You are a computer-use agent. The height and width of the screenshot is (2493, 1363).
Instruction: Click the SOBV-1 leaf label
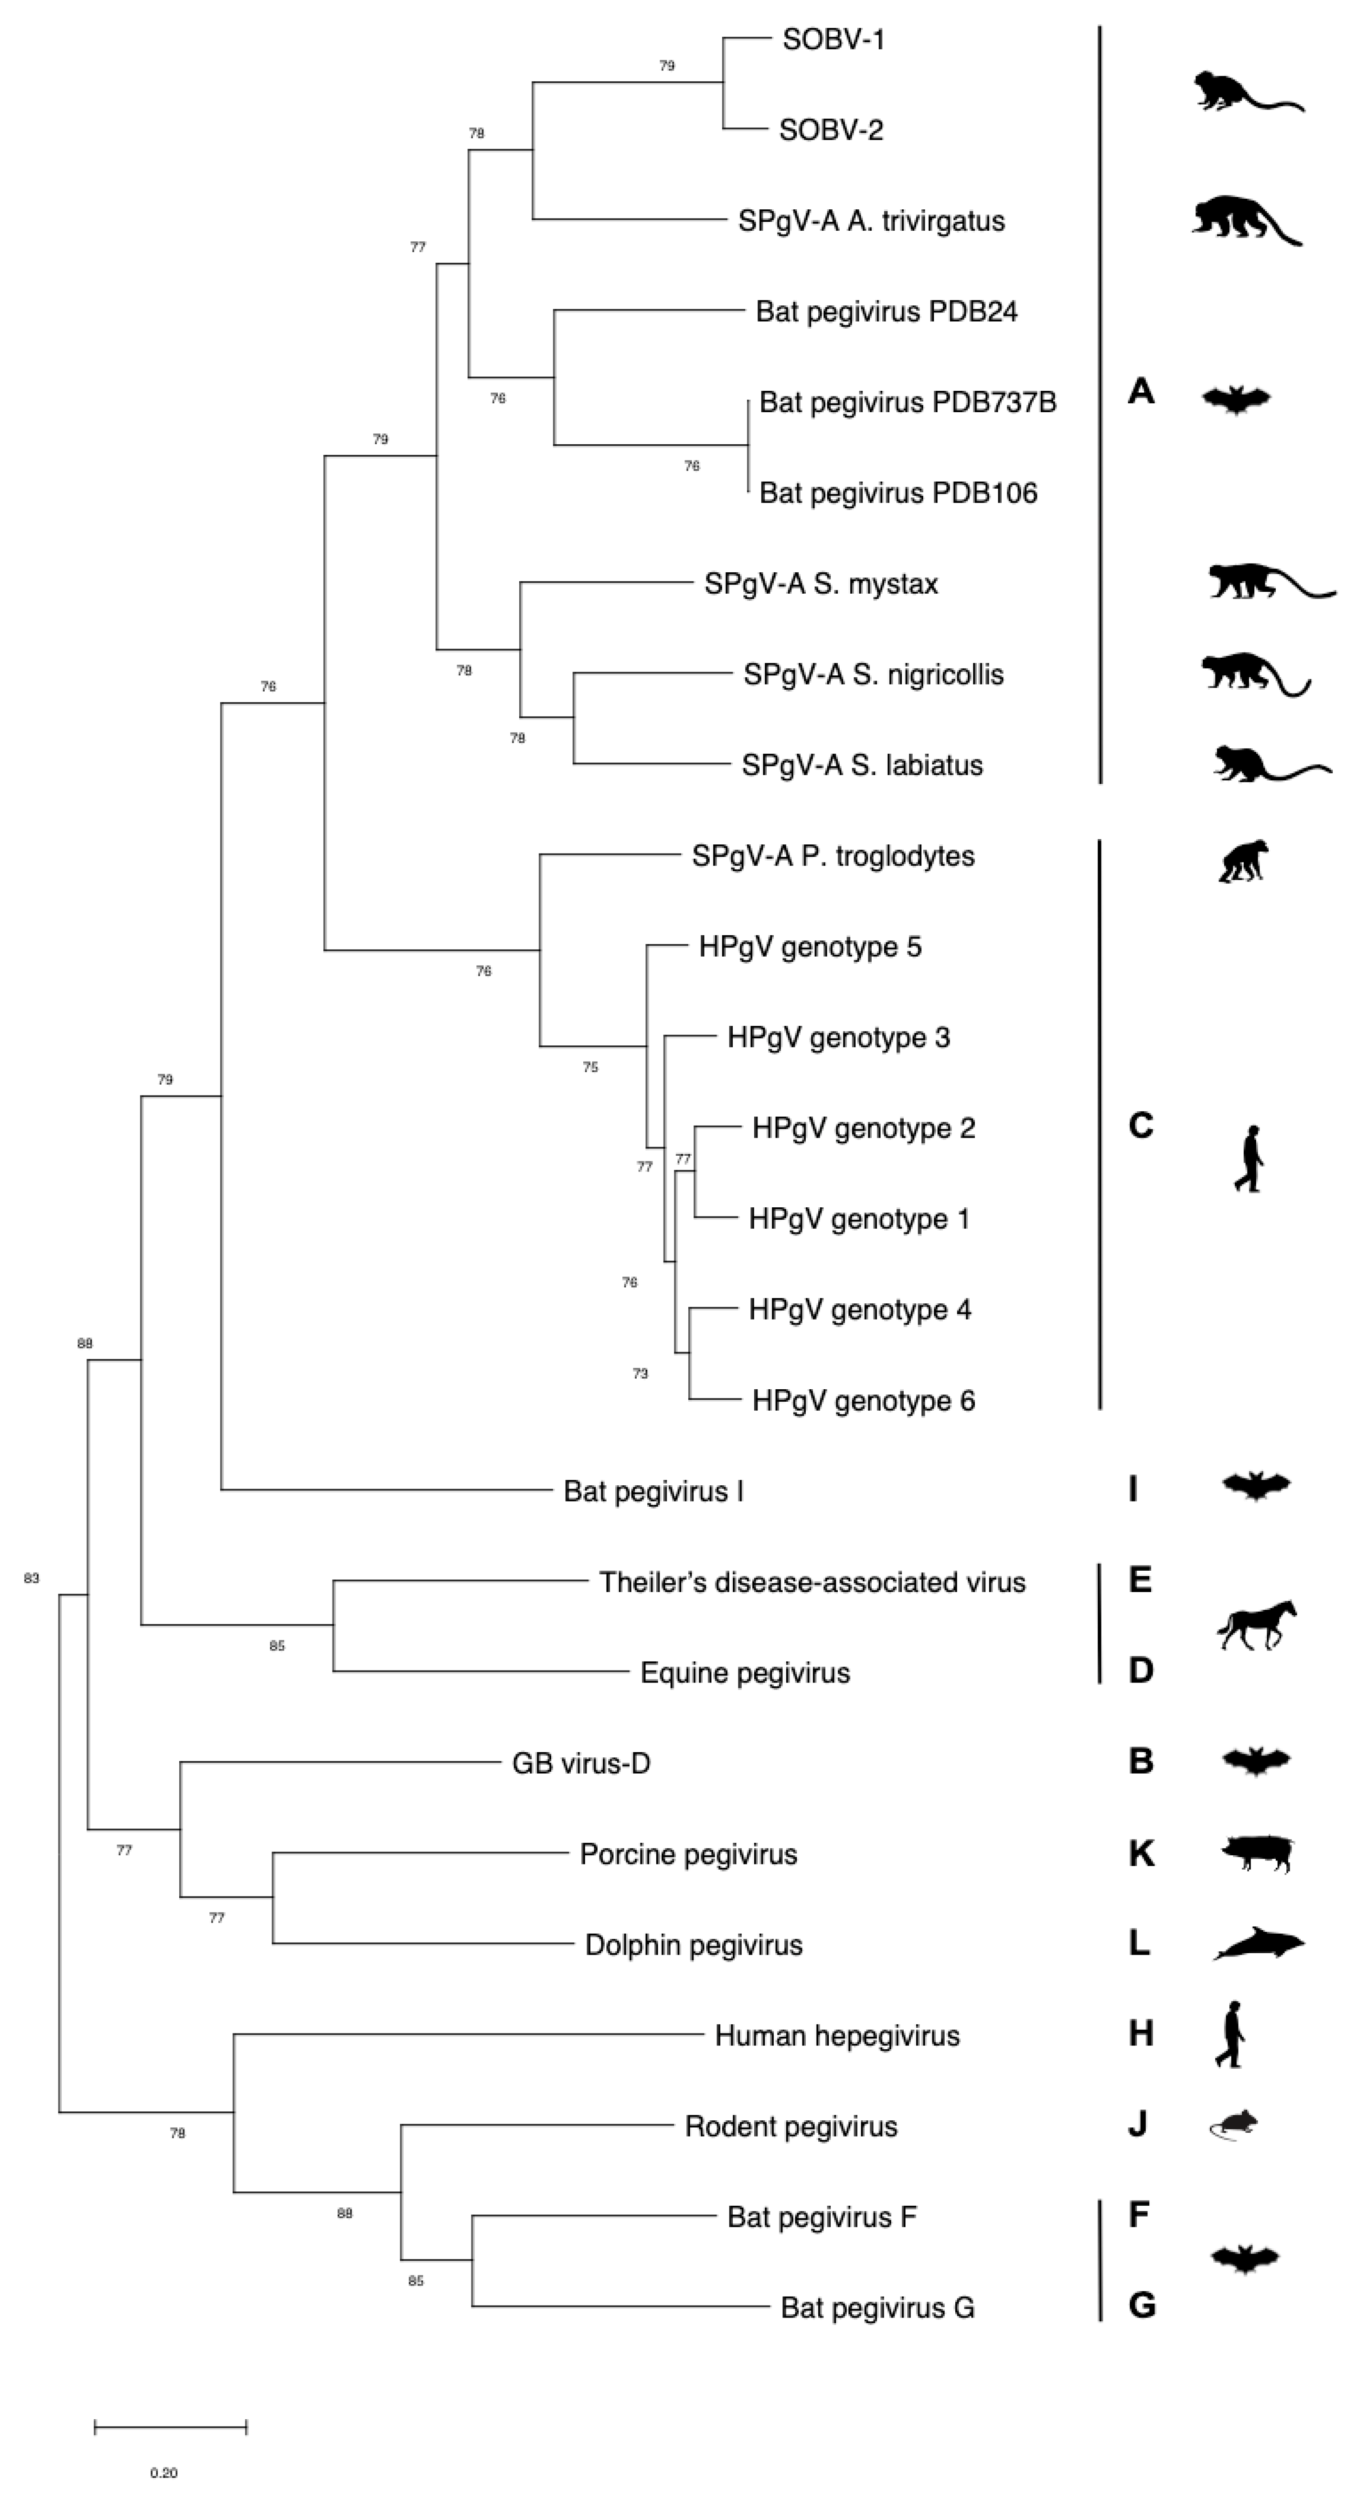(834, 39)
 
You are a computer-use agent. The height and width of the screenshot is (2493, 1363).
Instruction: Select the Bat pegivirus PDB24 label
(886, 311)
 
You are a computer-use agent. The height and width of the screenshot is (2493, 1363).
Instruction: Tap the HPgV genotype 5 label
(809, 946)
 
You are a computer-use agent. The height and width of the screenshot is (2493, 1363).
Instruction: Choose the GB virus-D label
(581, 1763)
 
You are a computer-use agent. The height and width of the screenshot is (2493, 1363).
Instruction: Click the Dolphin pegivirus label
(693, 1945)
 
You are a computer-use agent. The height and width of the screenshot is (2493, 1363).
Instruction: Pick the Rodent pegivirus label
(791, 2126)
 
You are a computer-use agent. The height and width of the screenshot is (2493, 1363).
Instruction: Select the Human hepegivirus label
(836, 2035)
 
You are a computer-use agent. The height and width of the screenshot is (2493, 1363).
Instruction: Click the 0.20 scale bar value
(163, 2473)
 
